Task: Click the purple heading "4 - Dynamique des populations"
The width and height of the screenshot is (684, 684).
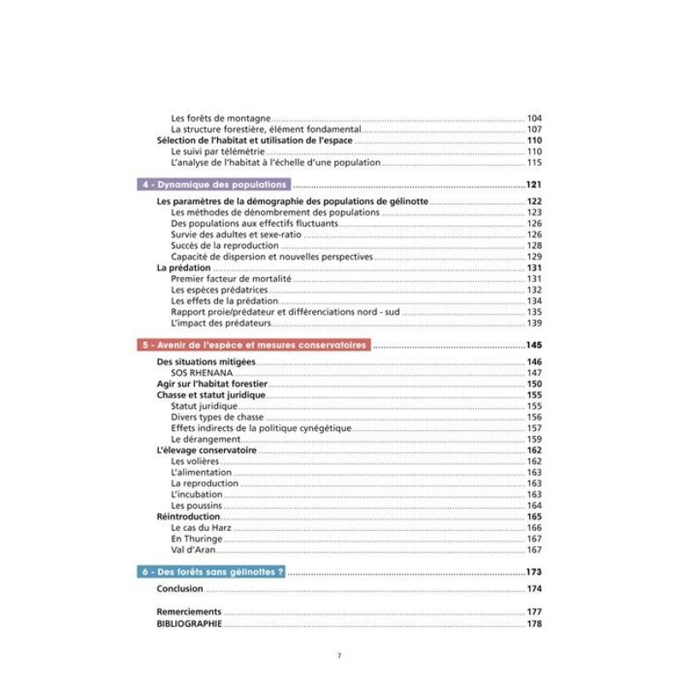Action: pos(214,185)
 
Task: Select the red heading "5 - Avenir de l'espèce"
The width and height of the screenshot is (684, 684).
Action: pos(254,345)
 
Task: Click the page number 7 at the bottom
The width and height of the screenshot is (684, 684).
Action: pos(339,656)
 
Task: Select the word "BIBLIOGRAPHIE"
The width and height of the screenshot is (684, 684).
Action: pos(190,624)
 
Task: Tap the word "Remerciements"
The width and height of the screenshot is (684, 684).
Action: pos(189,612)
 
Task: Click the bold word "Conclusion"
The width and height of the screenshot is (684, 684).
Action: pos(180,589)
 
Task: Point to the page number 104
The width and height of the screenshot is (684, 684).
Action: pos(535,118)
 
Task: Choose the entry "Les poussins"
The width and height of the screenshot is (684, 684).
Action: pos(196,505)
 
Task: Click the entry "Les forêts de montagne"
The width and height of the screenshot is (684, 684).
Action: pos(221,118)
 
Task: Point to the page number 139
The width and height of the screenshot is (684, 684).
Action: pos(535,323)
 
